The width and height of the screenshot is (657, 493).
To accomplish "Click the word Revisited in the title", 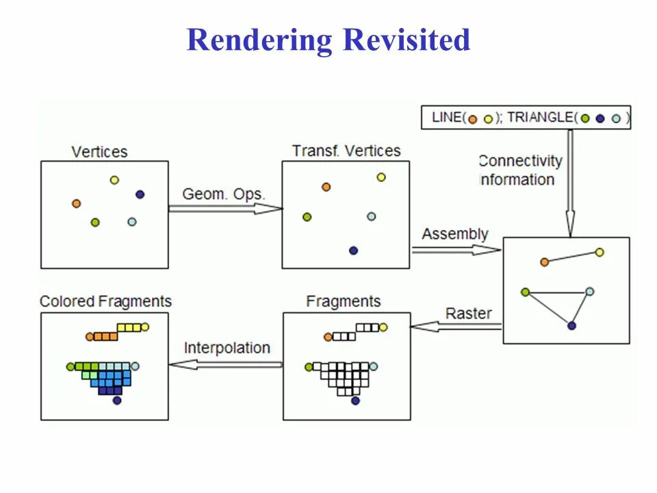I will click(407, 40).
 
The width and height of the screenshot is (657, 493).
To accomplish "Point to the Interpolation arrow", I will click(226, 364).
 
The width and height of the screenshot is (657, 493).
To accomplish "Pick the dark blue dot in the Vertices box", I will click(140, 194).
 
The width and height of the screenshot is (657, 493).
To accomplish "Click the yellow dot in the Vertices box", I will click(114, 180).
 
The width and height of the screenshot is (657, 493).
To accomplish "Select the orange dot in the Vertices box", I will click(76, 203).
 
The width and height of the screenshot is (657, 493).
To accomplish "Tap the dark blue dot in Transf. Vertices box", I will click(353, 251).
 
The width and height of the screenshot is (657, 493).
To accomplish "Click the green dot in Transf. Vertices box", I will click(307, 217).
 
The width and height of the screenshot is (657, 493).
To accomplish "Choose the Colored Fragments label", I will click(105, 301).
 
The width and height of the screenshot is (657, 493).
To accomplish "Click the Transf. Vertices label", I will click(346, 151).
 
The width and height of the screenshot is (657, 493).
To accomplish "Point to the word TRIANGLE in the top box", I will click(539, 117).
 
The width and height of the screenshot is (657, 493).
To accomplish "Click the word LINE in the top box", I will click(447, 117).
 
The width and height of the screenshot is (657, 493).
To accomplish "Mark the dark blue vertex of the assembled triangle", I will click(571, 326).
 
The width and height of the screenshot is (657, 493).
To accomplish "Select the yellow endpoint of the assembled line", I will click(600, 253).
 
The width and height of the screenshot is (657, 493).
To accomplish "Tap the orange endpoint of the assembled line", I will click(544, 262).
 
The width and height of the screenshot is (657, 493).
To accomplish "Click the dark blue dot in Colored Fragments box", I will click(117, 401).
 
